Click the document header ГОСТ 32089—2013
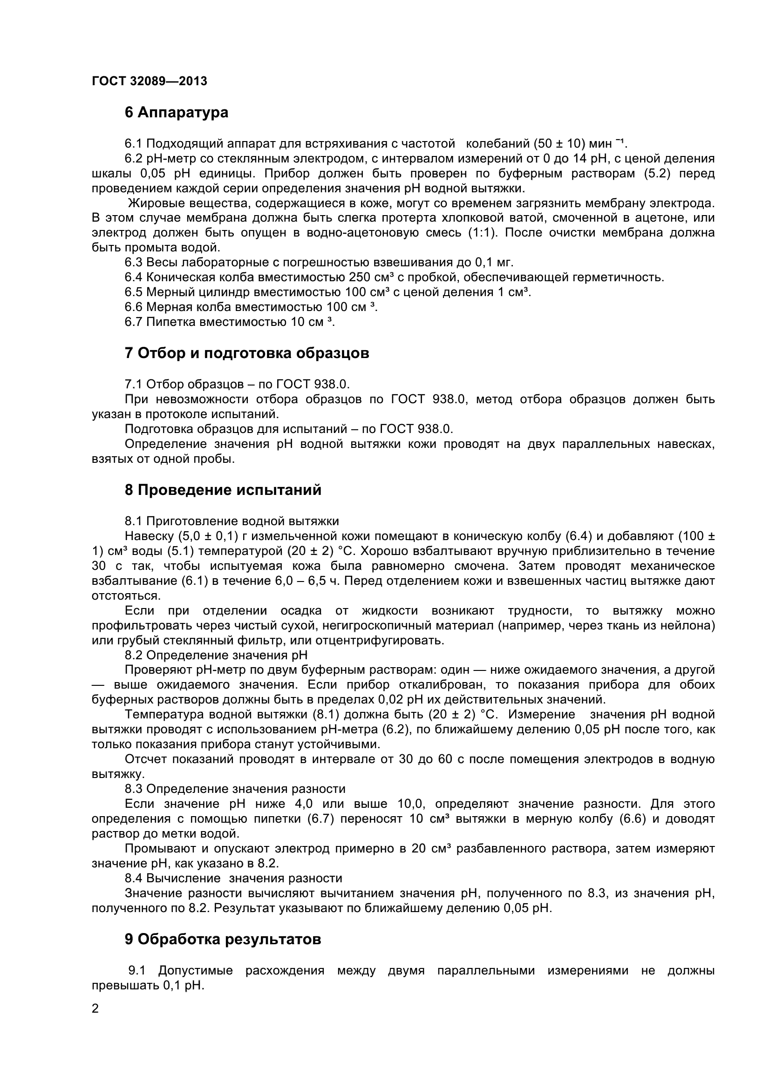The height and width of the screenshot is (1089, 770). point(150,81)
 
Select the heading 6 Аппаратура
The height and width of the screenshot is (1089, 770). point(177,112)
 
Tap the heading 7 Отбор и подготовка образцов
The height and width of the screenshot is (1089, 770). point(247,353)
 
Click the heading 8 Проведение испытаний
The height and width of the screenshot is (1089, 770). point(223,489)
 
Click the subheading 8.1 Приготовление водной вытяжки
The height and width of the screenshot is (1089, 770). point(232,521)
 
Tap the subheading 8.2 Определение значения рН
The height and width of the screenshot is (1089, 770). point(216,655)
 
